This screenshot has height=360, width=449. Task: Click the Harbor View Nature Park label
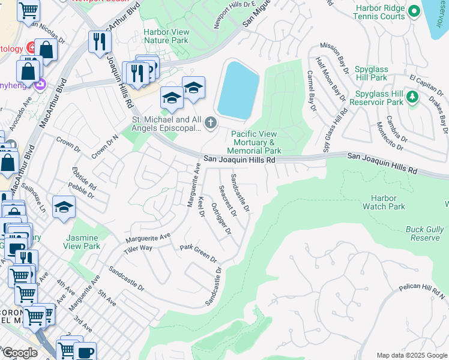pyautogui.click(x=166, y=36)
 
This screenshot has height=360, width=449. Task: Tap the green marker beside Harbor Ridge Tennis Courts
pyautogui.click(x=414, y=11)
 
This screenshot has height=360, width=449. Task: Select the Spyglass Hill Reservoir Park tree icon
pyautogui.click(x=412, y=97)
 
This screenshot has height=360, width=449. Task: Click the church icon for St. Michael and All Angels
pyautogui.click(x=210, y=123)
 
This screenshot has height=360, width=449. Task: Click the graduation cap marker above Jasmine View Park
pyautogui.click(x=62, y=208)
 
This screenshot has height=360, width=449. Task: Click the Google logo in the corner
pyautogui.click(x=20, y=353)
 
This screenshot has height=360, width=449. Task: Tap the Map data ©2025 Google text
pyautogui.click(x=412, y=355)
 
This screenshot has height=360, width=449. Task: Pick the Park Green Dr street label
pyautogui.click(x=199, y=253)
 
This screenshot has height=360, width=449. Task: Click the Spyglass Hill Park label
pyautogui.click(x=379, y=74)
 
